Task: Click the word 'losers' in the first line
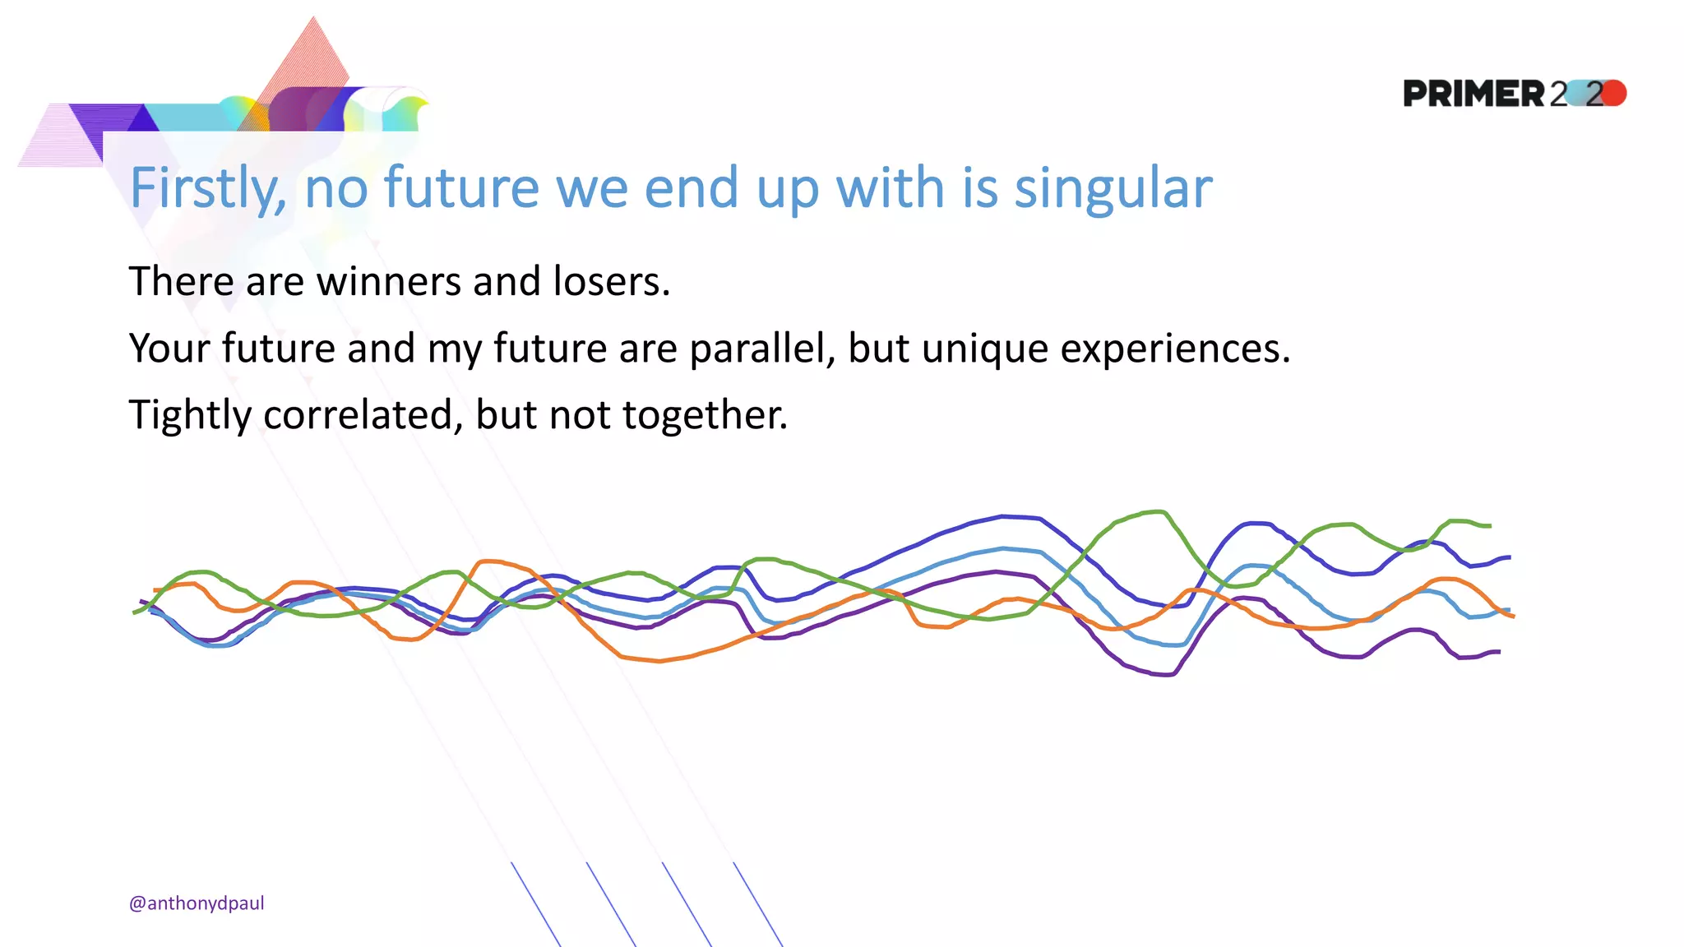tap(611, 282)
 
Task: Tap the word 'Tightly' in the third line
tap(190, 416)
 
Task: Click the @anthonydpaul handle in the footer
tap(197, 903)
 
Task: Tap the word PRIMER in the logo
tap(1473, 94)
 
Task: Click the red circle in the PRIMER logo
tap(1614, 93)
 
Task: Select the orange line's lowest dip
tap(658, 661)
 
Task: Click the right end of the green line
tap(1489, 525)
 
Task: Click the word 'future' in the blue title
tap(461, 189)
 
